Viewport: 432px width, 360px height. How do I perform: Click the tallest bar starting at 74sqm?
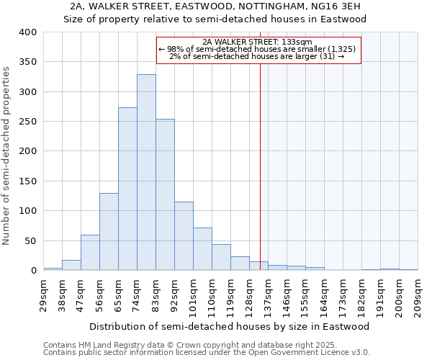click(x=146, y=173)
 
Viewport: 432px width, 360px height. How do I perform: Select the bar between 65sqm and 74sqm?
click(x=127, y=189)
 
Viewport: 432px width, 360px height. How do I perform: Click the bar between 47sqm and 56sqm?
click(x=90, y=253)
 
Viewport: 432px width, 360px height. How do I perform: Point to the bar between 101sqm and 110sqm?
click(x=202, y=249)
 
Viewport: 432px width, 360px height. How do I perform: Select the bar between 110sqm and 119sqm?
click(x=221, y=258)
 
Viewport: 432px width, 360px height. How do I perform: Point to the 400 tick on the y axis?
click(x=27, y=32)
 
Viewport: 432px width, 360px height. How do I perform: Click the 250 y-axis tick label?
click(x=27, y=122)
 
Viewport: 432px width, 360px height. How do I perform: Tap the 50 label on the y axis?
click(x=30, y=240)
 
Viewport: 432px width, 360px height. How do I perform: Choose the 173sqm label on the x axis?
click(x=341, y=295)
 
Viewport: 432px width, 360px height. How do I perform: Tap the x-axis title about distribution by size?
click(x=230, y=326)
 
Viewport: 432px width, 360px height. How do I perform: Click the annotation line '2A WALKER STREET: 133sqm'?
click(x=257, y=42)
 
